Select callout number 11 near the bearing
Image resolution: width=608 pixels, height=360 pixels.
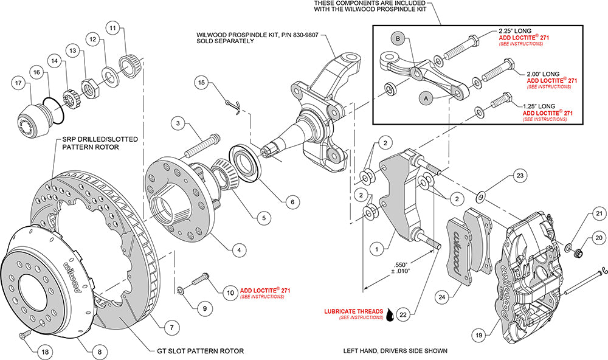pos(113,28)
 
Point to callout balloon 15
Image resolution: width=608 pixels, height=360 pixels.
pos(202,81)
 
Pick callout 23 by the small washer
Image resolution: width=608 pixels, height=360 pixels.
pos(519,177)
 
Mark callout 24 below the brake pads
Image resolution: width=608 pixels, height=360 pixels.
pos(442,297)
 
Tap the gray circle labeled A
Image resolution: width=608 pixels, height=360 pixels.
pos(427,96)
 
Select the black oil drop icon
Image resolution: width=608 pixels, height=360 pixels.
pos(391,314)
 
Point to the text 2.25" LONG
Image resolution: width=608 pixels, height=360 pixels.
pos(514,29)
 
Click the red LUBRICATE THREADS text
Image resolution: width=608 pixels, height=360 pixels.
pos(358,310)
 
